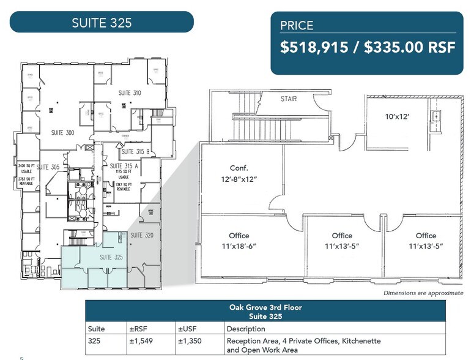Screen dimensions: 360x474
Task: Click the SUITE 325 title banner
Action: (x=102, y=23)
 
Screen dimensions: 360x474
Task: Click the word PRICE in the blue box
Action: (x=297, y=25)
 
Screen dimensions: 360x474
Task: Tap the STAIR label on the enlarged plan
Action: (x=289, y=99)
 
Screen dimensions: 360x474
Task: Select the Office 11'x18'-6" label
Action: (x=239, y=241)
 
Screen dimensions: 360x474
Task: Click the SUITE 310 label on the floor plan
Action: (x=129, y=93)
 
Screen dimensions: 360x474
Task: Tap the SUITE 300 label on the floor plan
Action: (x=62, y=133)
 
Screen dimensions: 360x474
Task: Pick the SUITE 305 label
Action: (x=48, y=167)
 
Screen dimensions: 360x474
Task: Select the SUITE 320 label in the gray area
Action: (x=142, y=234)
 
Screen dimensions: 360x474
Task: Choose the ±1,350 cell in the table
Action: (x=190, y=341)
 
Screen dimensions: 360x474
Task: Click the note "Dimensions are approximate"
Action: (x=423, y=293)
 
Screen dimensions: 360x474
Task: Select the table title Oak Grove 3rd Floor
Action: (x=265, y=307)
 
